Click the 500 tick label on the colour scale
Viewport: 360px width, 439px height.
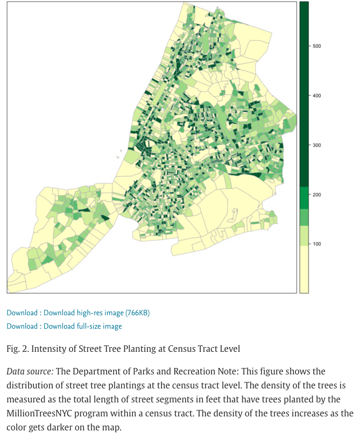tap(317, 46)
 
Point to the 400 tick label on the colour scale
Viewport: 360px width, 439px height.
tap(317, 96)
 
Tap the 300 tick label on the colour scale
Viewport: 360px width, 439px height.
tap(317, 145)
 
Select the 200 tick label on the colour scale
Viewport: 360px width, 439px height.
tap(317, 195)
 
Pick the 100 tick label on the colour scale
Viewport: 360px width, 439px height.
tap(317, 244)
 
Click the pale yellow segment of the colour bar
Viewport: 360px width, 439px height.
tap(304, 269)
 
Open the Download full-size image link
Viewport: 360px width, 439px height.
tap(83, 326)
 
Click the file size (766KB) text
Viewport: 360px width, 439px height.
tap(139, 313)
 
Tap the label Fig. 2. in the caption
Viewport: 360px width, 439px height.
tap(18, 349)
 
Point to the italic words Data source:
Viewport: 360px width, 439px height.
tap(30, 372)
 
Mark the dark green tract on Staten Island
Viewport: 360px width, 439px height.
tap(105, 218)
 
